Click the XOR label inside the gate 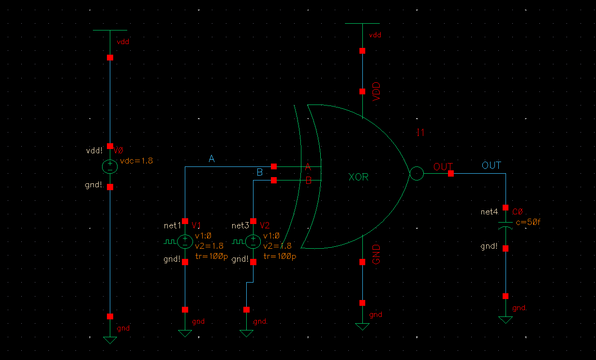358,177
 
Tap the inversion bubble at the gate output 416,174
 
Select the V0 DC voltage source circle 110,167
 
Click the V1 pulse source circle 185,241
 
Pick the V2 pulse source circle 253,241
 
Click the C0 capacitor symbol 506,226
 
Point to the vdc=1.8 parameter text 136,161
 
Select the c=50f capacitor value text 528,222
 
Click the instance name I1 421,133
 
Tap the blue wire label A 211,159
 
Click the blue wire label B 259,173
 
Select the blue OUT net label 492,165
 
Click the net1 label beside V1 173,225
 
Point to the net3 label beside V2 240,225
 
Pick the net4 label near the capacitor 490,212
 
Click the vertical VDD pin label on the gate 377,91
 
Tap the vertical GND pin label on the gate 377,255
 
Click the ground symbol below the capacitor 506,320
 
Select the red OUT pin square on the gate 451,174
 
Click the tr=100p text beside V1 211,256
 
